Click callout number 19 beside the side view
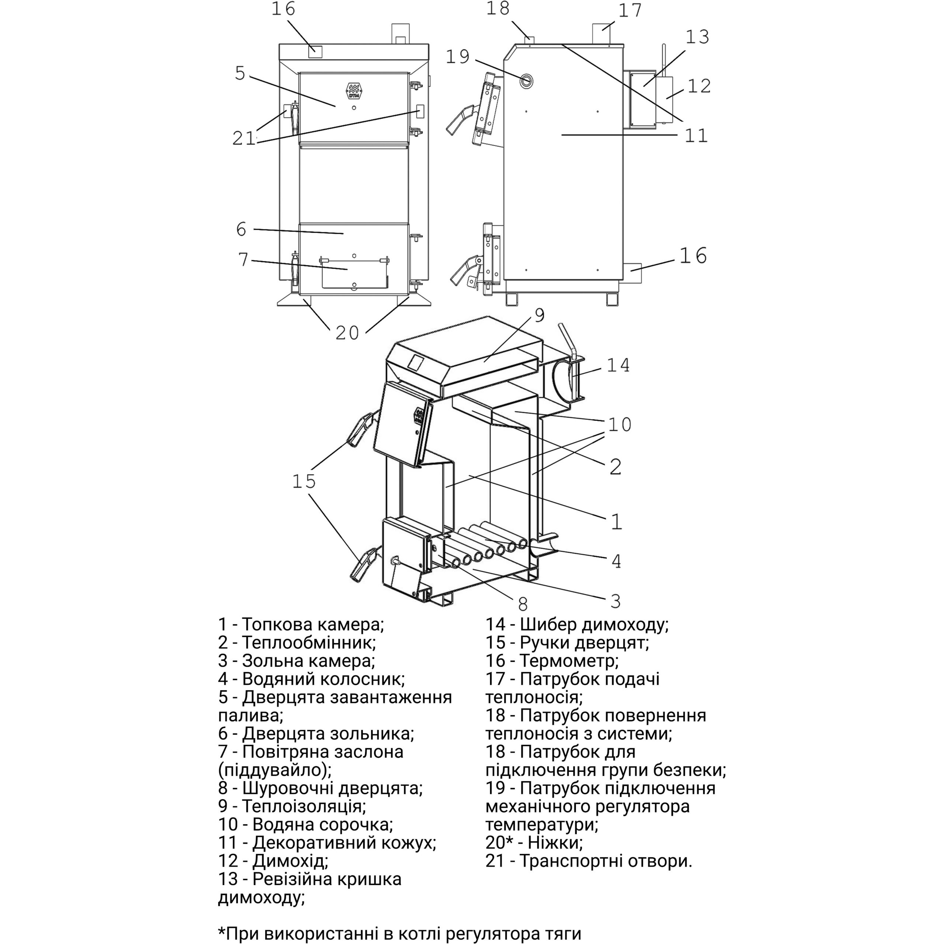[458, 57]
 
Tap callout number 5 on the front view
[240, 73]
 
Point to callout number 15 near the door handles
[304, 481]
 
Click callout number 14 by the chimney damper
[618, 365]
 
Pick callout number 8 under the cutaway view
[523, 604]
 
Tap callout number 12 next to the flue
[699, 86]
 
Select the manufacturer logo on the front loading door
[353, 90]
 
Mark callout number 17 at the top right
[630, 10]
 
